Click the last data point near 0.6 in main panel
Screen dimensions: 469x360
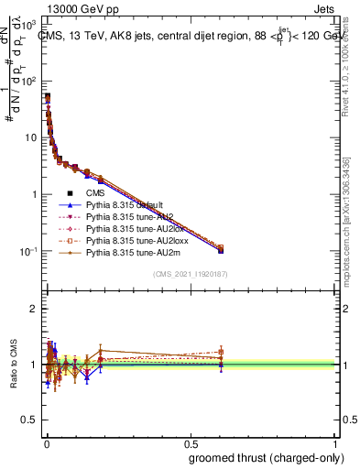(x=221, y=249)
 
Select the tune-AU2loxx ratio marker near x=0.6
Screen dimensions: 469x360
(x=221, y=351)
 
